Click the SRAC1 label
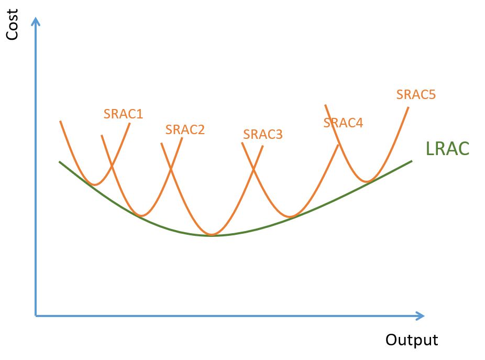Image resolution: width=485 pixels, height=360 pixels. (x=123, y=114)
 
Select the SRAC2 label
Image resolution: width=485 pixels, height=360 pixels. (x=185, y=129)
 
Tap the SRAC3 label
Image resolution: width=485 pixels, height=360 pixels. (x=262, y=134)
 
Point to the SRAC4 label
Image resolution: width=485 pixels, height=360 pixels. (x=343, y=123)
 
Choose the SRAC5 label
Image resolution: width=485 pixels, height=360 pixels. (x=416, y=94)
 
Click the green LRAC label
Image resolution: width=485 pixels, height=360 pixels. (x=447, y=148)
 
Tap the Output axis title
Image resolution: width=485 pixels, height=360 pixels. (x=412, y=340)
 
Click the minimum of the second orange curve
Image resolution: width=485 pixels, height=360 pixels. (x=141, y=215)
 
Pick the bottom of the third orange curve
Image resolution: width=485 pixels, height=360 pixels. (x=212, y=234)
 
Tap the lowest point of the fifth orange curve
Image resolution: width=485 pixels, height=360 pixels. (x=368, y=181)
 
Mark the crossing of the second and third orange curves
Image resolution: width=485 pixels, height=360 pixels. (x=171, y=169)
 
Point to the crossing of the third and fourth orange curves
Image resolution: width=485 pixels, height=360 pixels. (x=253, y=169)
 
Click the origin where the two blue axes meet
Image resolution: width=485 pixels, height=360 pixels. (x=36, y=315)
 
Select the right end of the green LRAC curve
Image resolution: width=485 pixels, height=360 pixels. (x=412, y=161)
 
